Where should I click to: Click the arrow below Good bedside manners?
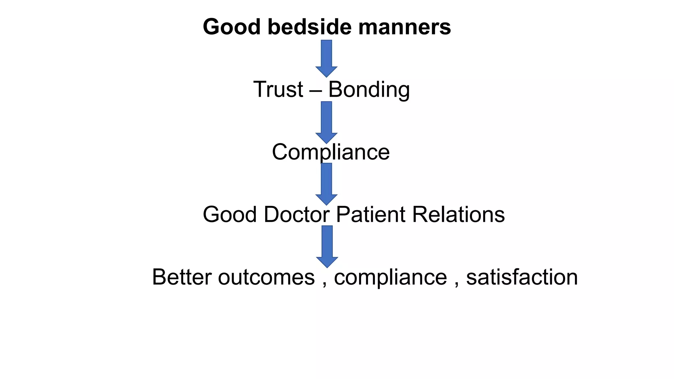click(x=326, y=58)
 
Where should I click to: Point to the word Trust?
click(x=278, y=89)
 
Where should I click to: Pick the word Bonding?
click(x=369, y=89)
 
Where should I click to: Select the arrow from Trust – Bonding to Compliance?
click(x=326, y=122)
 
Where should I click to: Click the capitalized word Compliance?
click(x=331, y=152)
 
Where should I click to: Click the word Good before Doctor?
click(x=229, y=215)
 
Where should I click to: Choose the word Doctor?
click(x=297, y=215)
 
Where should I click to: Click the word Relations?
click(x=458, y=215)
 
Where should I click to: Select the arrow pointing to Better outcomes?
click(x=327, y=246)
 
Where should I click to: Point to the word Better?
click(x=182, y=277)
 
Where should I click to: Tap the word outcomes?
click(x=266, y=278)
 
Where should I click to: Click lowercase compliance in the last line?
click(x=390, y=278)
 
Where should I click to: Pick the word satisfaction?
click(x=522, y=277)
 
